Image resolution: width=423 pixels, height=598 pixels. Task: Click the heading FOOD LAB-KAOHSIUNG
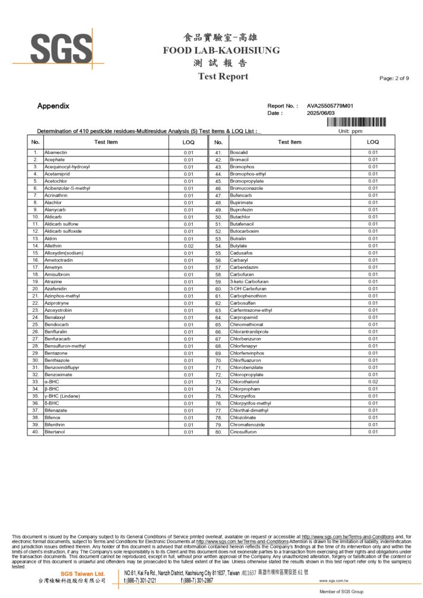tap(221, 50)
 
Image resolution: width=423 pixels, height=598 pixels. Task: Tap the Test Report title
tap(223, 77)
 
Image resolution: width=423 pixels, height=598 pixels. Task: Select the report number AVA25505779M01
tap(330, 106)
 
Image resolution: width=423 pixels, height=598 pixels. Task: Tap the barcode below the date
tap(356, 121)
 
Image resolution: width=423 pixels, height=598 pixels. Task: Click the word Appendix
tap(53, 106)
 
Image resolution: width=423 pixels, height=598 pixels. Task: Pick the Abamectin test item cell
tap(56, 152)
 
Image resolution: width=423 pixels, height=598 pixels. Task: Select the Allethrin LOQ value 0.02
tap(188, 246)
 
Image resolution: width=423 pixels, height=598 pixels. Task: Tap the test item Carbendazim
tap(244, 267)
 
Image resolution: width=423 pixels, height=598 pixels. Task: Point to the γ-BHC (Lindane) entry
tap(65, 396)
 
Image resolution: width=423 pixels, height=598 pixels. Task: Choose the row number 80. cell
tap(219, 432)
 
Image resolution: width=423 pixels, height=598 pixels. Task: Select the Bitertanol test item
tap(56, 432)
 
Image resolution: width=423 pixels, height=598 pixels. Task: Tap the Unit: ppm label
tap(351, 131)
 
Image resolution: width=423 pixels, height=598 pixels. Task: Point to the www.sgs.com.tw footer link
tap(334, 581)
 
